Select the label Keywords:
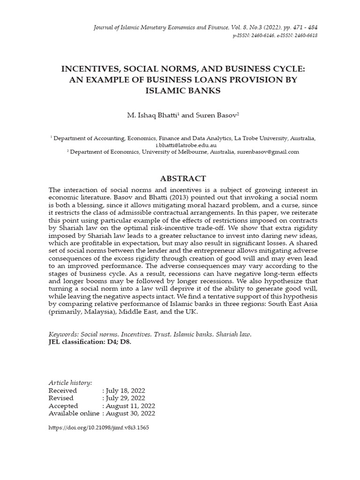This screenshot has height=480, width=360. point(64,335)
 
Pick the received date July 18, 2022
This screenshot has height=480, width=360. point(125,390)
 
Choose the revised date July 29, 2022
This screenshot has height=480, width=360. point(125,398)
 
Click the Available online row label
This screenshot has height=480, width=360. point(74,413)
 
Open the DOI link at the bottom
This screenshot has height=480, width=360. point(98,427)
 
